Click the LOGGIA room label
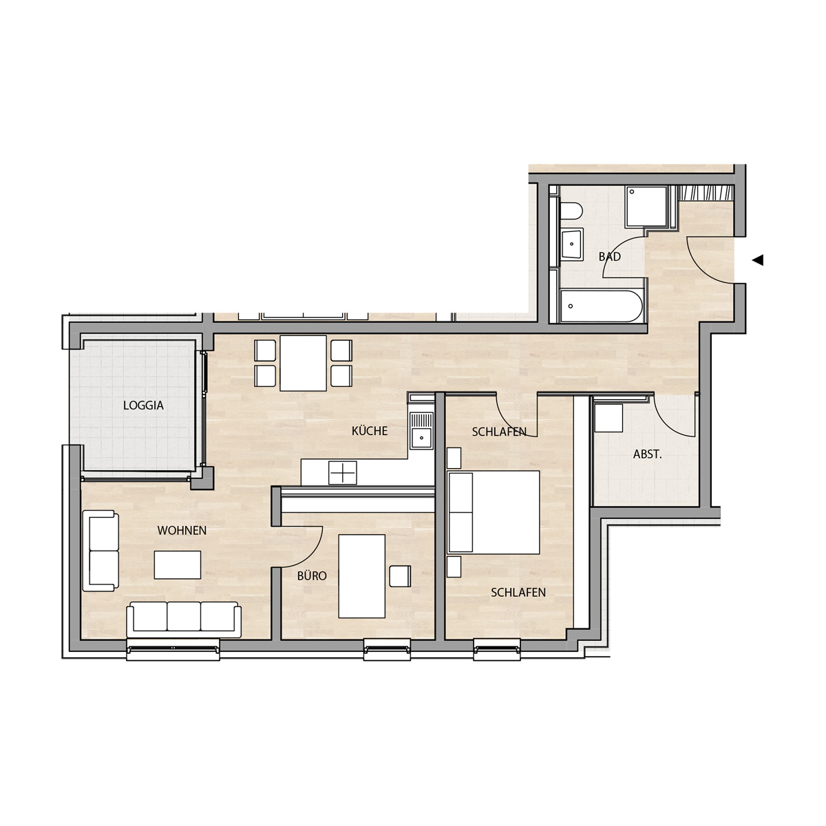point(143,405)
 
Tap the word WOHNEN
point(182,531)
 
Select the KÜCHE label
point(370,431)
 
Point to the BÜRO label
point(312,575)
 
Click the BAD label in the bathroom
point(610,257)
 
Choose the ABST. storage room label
point(647,454)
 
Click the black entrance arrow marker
point(757,260)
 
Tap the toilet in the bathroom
point(571,211)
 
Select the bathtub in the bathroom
point(602,306)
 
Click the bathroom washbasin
point(571,244)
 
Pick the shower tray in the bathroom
point(646,206)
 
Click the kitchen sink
point(422,430)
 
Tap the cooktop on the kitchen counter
point(343,473)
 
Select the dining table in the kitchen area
point(303,363)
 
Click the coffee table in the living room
point(178,565)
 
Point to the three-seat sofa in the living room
point(184,619)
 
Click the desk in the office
point(362,576)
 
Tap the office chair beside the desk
point(400,576)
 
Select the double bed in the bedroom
point(494,512)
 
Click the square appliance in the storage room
point(608,418)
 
